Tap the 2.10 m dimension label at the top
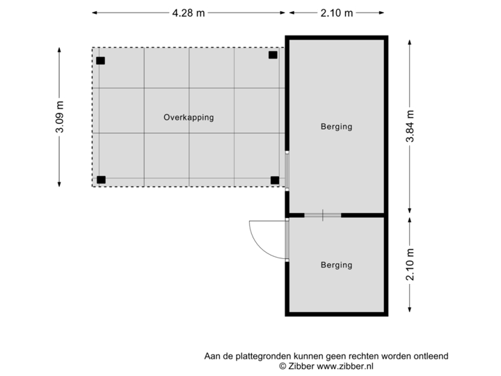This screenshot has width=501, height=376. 336,13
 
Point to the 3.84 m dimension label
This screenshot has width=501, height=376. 410,127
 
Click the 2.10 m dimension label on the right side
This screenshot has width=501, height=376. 410,265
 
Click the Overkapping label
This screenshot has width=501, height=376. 189,118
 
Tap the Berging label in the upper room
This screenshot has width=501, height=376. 336,127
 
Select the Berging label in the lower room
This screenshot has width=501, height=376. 336,265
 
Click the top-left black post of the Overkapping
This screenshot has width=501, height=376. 101,61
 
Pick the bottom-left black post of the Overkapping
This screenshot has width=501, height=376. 102,180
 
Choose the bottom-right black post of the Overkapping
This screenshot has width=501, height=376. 275,180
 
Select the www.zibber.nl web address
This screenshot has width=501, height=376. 346,366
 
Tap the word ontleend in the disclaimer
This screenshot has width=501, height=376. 432,356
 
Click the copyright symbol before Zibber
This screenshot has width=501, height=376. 283,366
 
